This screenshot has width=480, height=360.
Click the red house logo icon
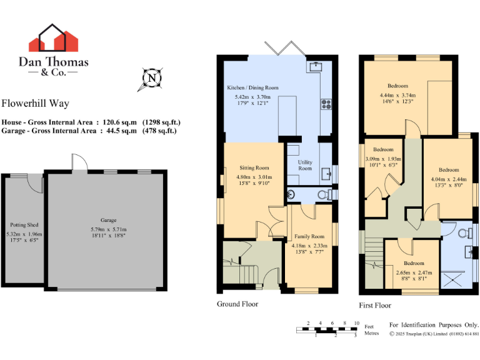pyautogui.click(x=53, y=39)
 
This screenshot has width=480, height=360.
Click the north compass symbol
pyautogui.click(x=152, y=78)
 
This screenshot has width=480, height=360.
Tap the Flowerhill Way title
pyautogui.click(x=35, y=104)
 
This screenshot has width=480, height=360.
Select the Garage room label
pyautogui.click(x=109, y=220)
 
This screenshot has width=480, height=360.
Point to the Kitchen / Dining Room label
pyautogui.click(x=252, y=88)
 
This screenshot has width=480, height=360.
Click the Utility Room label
pyautogui.click(x=305, y=165)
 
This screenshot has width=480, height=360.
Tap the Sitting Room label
pyautogui.click(x=254, y=167)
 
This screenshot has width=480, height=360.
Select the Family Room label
pyautogui.click(x=309, y=237)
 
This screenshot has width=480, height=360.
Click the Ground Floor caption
pyautogui.click(x=237, y=304)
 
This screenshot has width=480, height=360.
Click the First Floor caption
pyautogui.click(x=375, y=306)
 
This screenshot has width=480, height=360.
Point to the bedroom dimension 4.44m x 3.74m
pyautogui.click(x=397, y=96)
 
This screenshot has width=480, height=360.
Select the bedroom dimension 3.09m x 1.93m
pyautogui.click(x=383, y=159)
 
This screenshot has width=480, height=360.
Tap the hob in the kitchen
pyautogui.click(x=325, y=104)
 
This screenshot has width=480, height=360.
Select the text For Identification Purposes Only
pyautogui.click(x=434, y=325)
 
